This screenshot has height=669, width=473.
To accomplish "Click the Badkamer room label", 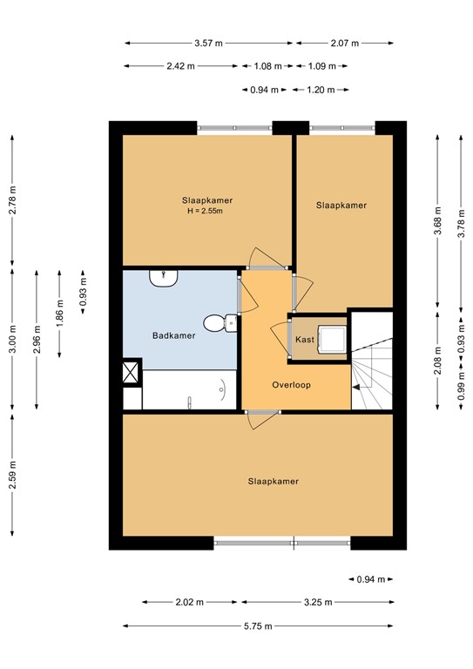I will [x=174, y=334].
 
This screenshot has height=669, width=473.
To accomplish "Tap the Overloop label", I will [x=291, y=384].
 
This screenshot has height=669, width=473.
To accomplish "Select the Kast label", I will [x=304, y=339].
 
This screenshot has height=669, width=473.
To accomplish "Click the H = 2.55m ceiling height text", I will [x=207, y=211].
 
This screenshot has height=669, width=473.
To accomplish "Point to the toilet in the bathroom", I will [x=229, y=321].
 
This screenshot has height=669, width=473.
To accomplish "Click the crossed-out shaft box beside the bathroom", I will [x=132, y=372].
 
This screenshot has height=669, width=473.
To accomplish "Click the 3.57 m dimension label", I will [x=208, y=43].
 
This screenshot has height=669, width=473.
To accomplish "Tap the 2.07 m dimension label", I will [x=344, y=43].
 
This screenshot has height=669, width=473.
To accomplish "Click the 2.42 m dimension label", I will [x=182, y=66].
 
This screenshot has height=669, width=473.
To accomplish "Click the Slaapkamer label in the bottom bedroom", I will [x=273, y=481].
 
